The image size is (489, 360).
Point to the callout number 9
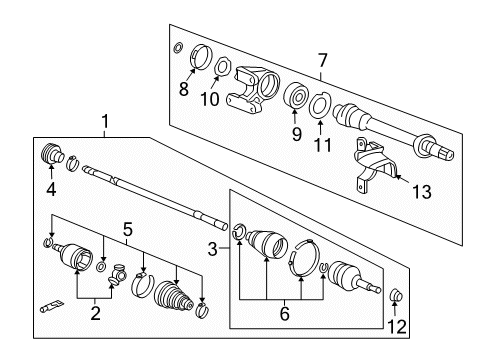[296, 132]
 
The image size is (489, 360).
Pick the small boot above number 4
[49, 158]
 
